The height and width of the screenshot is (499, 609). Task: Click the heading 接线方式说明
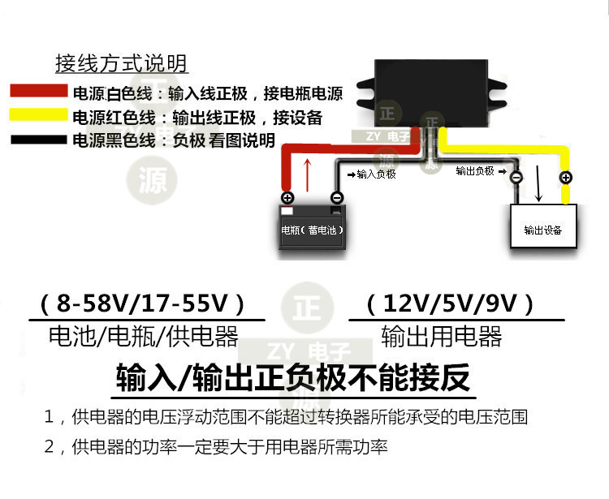(122, 63)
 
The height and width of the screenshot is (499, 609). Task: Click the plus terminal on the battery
(287, 197)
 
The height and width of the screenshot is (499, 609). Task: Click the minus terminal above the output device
(516, 176)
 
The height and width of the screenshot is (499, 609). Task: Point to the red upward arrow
(307, 174)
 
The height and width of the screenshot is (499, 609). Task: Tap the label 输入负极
(373, 174)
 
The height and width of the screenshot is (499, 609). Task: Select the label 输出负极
(474, 171)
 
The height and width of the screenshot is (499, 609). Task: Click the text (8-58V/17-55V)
(142, 304)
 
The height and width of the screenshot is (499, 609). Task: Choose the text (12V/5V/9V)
(450, 304)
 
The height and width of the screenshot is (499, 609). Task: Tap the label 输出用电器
(442, 335)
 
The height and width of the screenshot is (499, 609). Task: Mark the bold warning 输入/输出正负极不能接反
(293, 377)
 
